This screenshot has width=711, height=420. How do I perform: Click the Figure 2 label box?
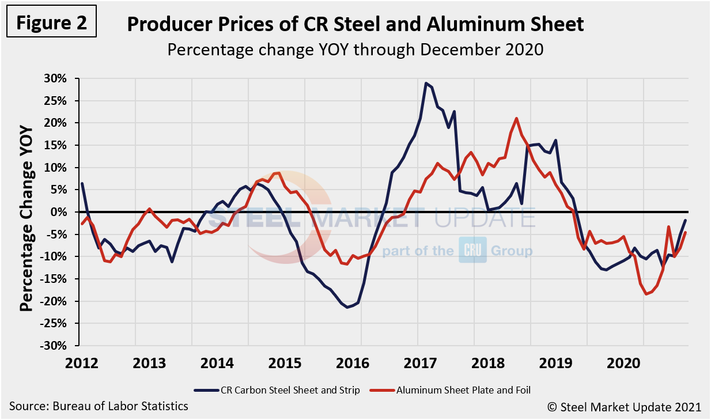click(51, 22)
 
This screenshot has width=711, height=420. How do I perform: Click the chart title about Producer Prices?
click(355, 24)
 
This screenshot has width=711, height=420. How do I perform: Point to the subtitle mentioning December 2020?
click(355, 50)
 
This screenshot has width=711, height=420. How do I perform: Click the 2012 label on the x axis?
click(78, 364)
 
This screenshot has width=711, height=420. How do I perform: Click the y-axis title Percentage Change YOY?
click(27, 212)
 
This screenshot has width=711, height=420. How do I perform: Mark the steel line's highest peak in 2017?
click(426, 83)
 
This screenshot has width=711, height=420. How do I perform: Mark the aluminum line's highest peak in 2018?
click(516, 118)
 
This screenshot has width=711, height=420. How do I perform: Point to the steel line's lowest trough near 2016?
click(347, 307)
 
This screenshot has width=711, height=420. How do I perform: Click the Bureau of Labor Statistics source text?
click(99, 406)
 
